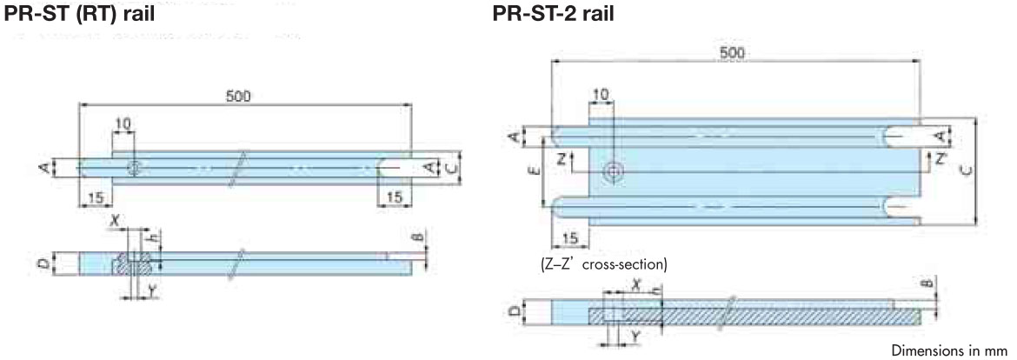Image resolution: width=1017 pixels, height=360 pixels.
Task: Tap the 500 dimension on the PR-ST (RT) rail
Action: pyautogui.click(x=237, y=96)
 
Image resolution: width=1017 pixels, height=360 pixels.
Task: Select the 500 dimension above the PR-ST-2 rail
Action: pyautogui.click(x=734, y=52)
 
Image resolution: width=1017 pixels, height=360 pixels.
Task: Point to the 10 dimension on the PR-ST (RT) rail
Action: pyautogui.click(x=123, y=124)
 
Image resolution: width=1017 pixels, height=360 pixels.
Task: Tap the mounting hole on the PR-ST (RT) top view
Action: pyautogui.click(x=135, y=167)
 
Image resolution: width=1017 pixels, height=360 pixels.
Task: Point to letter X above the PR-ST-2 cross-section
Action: pyautogui.click(x=635, y=284)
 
